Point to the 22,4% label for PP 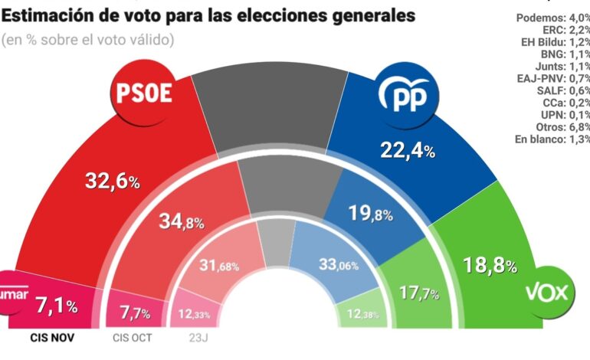[408, 150]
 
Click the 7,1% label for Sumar [57, 306]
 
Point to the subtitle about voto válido [88, 38]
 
